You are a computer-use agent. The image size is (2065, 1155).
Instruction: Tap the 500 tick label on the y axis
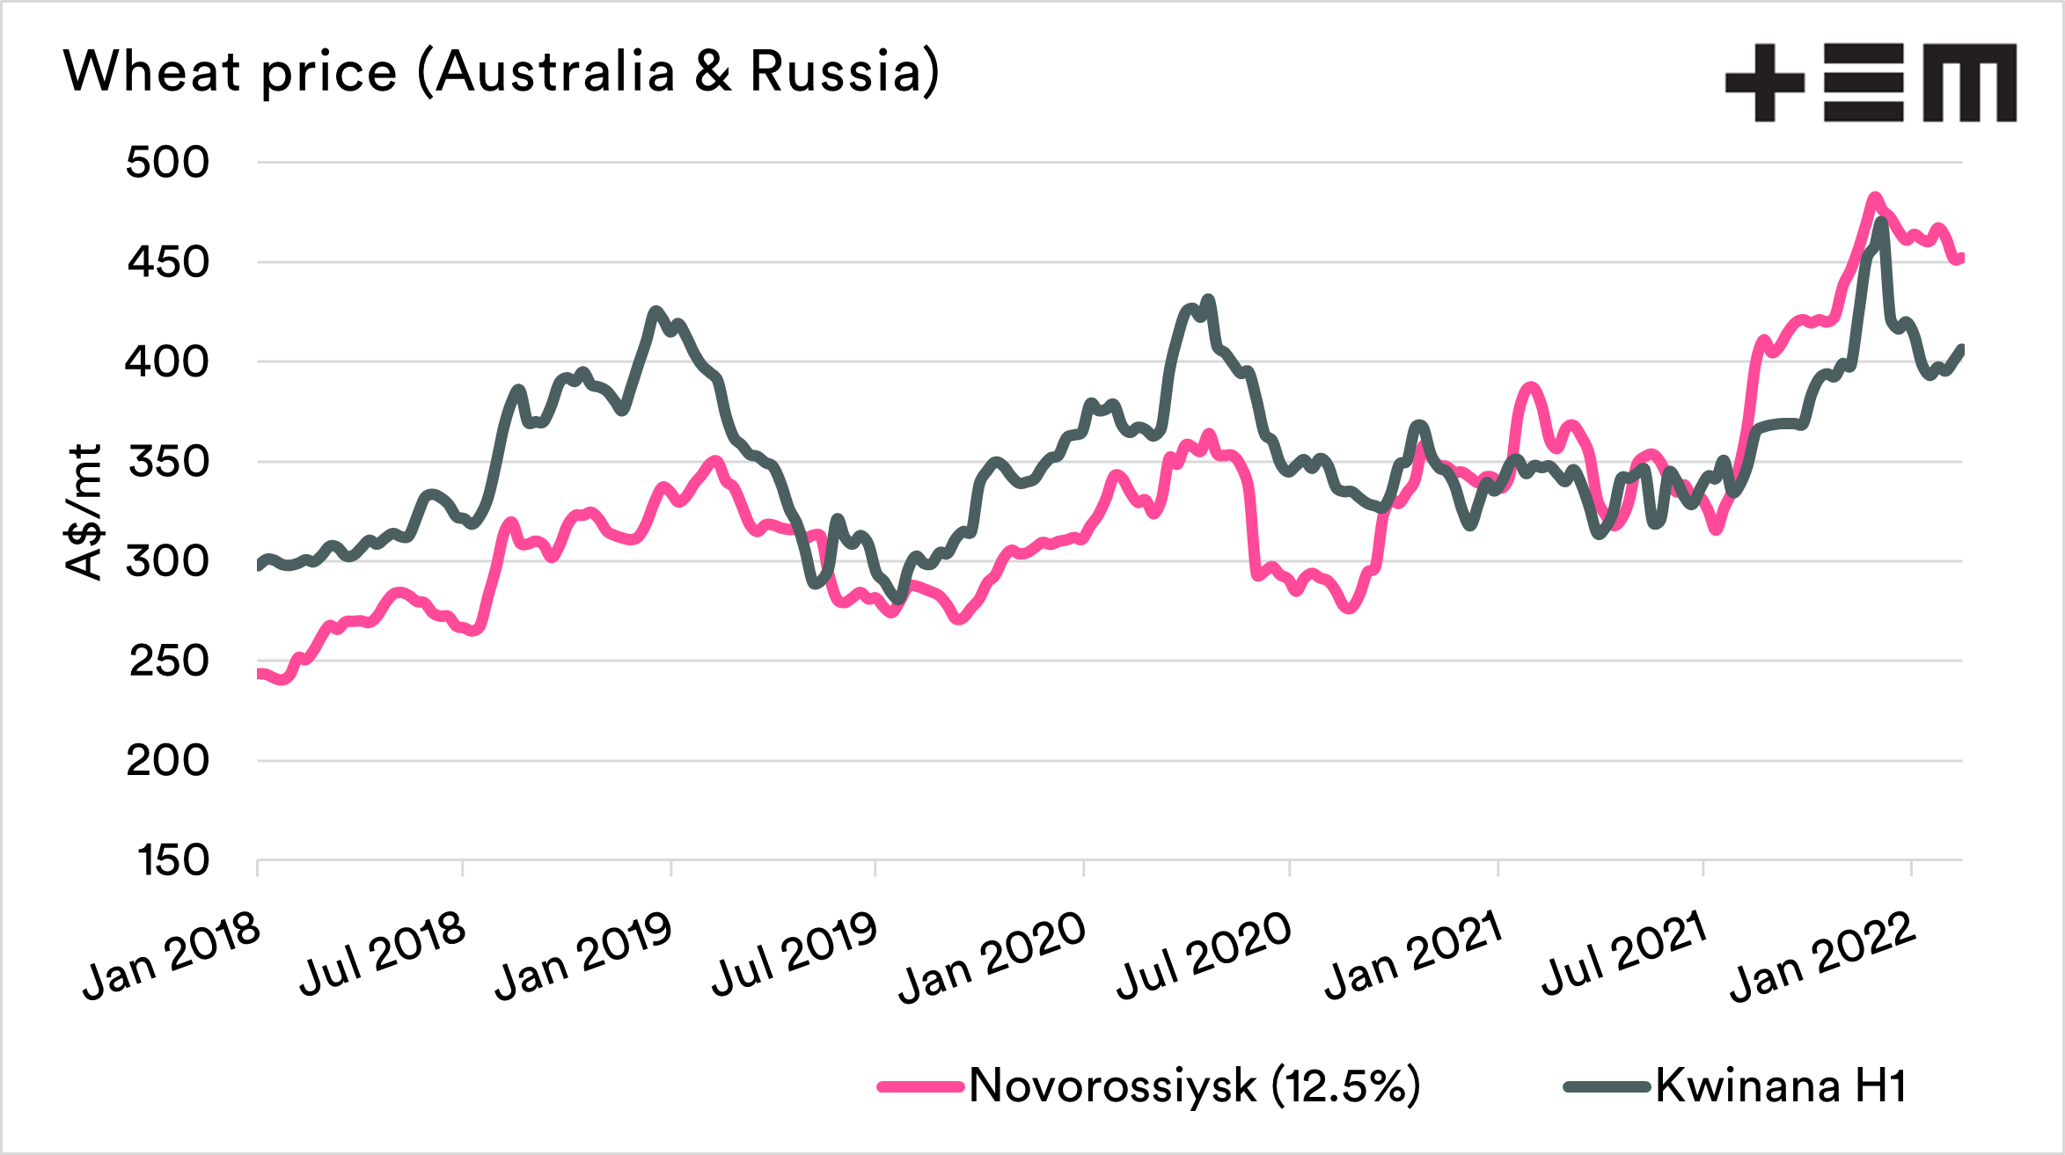point(167,162)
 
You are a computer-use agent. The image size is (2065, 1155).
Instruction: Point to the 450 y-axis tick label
point(168,261)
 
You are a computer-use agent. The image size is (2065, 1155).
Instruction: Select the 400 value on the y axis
point(167,361)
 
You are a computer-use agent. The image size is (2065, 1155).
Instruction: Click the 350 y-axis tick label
point(168,461)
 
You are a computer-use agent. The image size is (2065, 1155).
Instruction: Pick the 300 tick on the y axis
point(167,560)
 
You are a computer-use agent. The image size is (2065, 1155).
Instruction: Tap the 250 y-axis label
point(168,661)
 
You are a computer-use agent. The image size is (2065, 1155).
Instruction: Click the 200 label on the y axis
point(167,760)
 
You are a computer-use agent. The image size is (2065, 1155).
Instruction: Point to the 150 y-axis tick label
point(173,859)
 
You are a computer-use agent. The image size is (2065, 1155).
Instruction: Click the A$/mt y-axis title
point(84,512)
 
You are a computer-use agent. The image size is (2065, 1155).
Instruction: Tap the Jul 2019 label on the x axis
point(795,954)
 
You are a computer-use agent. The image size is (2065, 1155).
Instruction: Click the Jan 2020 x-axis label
point(992,957)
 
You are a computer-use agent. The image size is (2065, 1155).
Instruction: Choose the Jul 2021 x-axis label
point(1624,954)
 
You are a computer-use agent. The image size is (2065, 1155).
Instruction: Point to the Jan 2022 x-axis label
point(1823,957)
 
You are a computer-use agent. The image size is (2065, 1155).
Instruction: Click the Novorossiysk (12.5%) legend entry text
point(1194,1086)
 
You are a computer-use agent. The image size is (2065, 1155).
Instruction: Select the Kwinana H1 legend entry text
point(1781,1086)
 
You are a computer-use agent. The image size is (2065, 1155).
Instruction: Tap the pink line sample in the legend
point(920,1087)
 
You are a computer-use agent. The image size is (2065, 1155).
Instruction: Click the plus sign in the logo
point(1765,83)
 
